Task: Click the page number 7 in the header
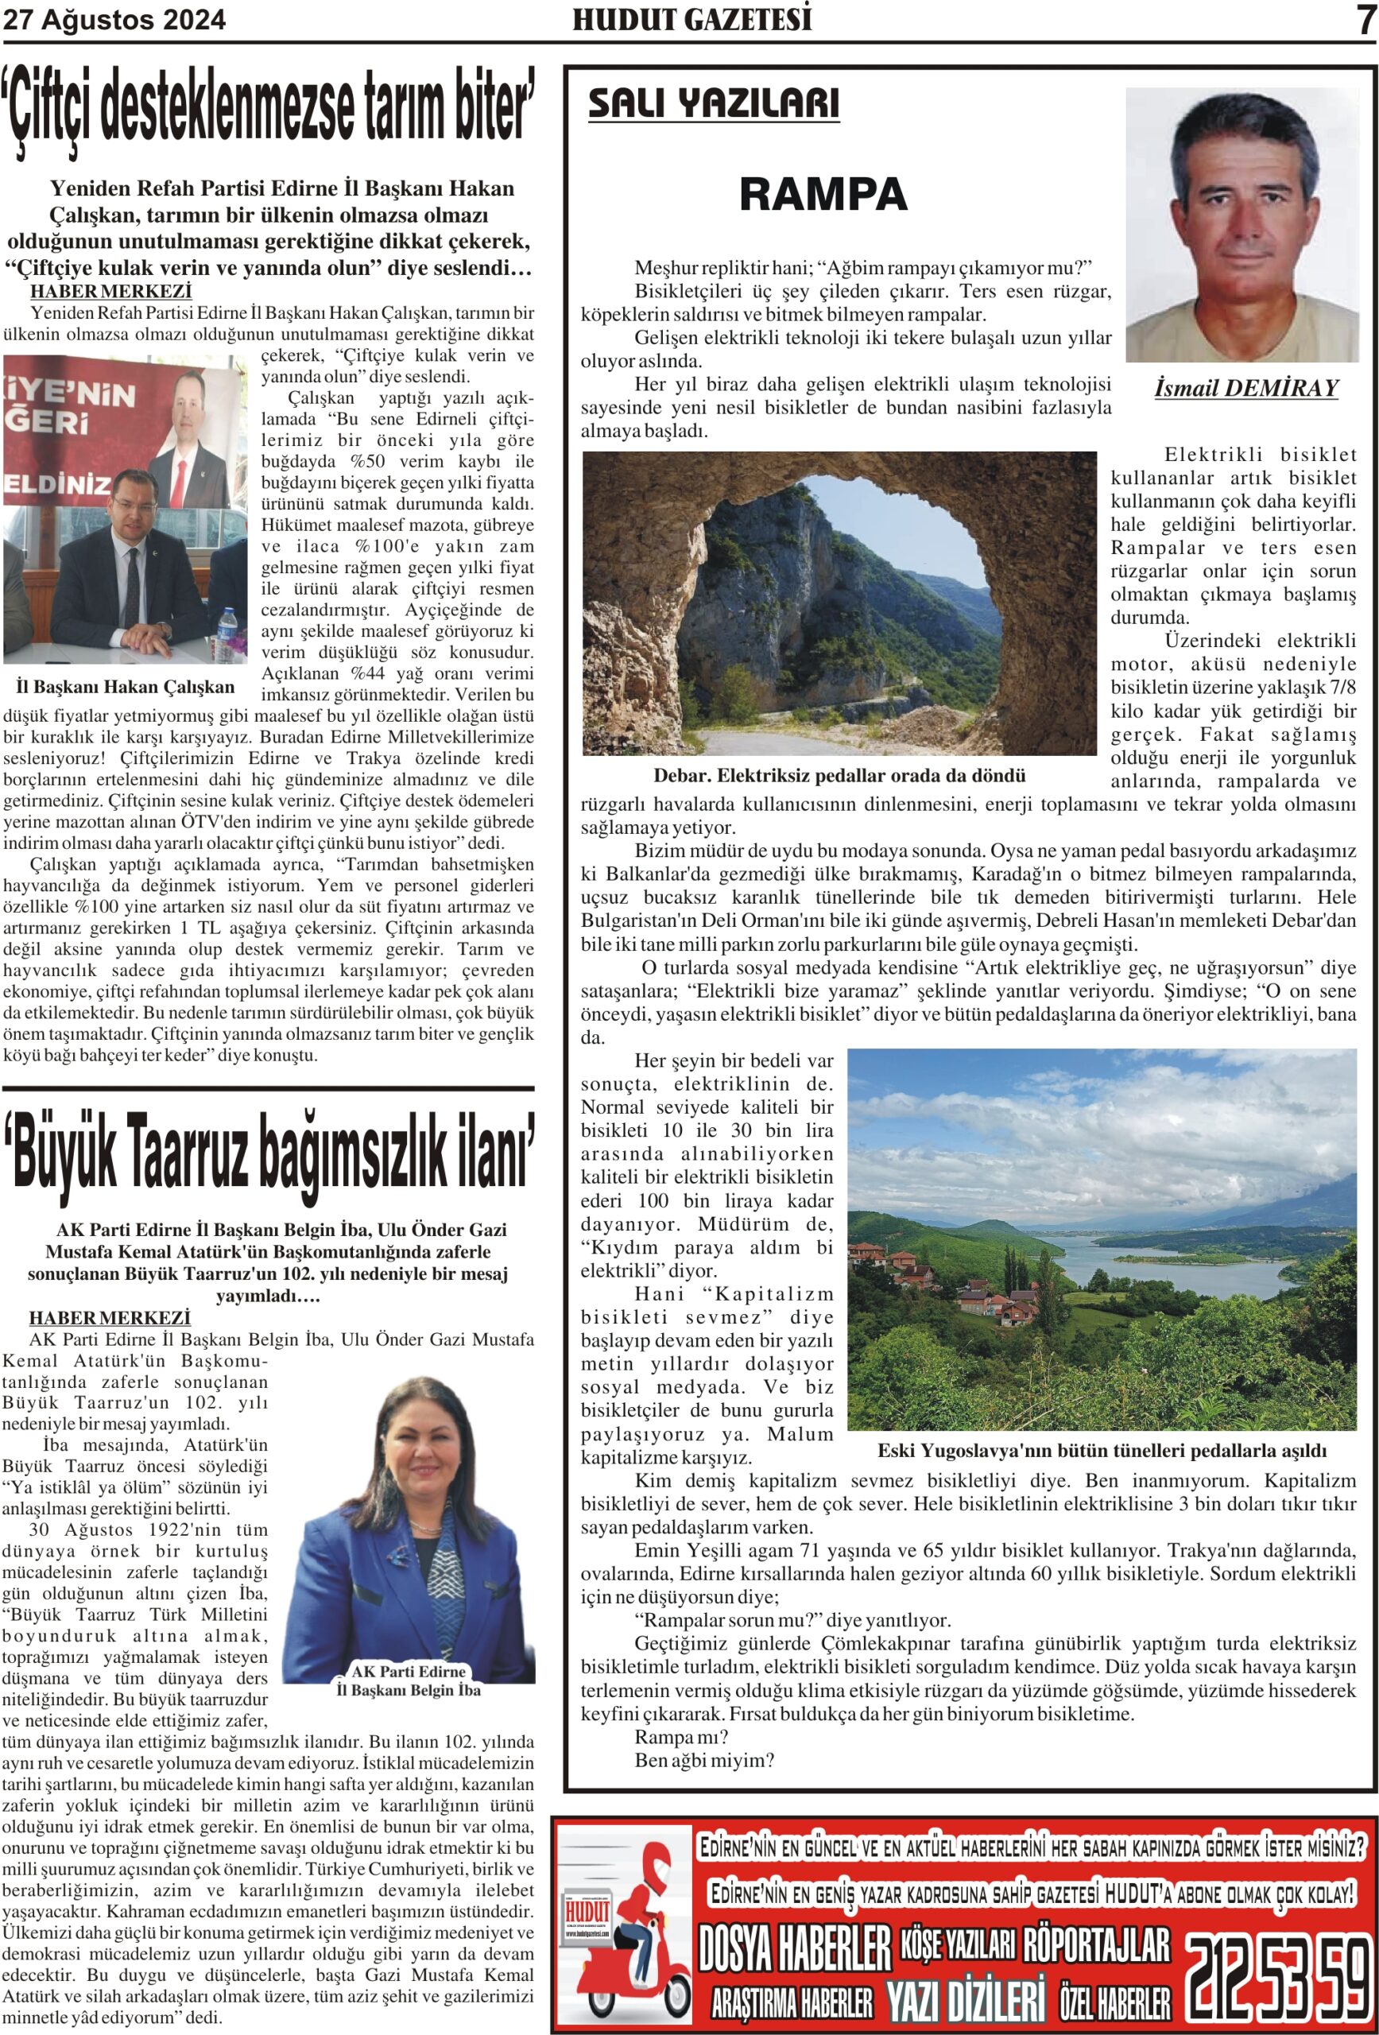[x=1365, y=20]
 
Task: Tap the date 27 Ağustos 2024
[x=114, y=19]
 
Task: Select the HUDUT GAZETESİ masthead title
[x=691, y=19]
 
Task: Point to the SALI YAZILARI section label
[x=713, y=103]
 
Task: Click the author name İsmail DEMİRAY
[x=1246, y=388]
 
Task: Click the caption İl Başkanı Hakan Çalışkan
[x=126, y=687]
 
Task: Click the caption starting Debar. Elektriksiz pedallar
[x=839, y=776]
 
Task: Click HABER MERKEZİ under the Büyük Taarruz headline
[x=110, y=1318]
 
